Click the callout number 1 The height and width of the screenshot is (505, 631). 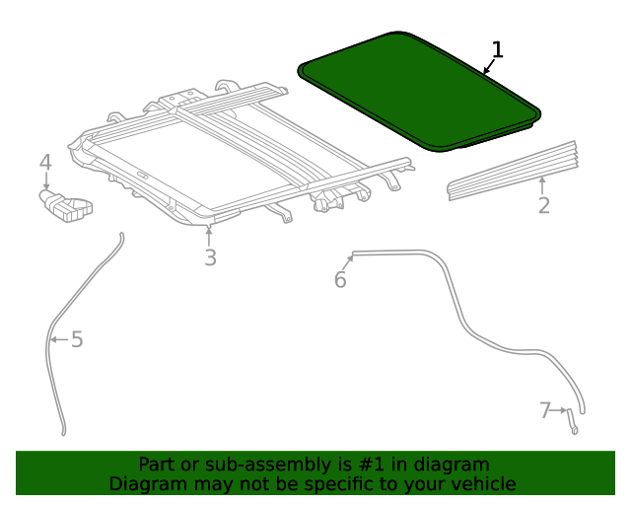pos(497,49)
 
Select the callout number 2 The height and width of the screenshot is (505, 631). pos(543,205)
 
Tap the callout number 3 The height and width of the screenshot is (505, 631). pos(210,257)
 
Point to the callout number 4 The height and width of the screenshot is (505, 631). pos(45,163)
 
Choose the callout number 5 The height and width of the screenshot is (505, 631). pos(77,339)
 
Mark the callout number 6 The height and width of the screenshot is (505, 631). pos(340,280)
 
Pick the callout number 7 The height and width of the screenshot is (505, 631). pos(544,410)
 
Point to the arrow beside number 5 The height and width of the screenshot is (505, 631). pos(57,339)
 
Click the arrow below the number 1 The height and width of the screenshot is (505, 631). pos(487,68)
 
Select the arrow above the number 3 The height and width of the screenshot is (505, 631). pos(210,235)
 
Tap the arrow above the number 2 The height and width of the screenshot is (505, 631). pos(543,183)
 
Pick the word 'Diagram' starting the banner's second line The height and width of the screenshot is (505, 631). pos(145,483)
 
